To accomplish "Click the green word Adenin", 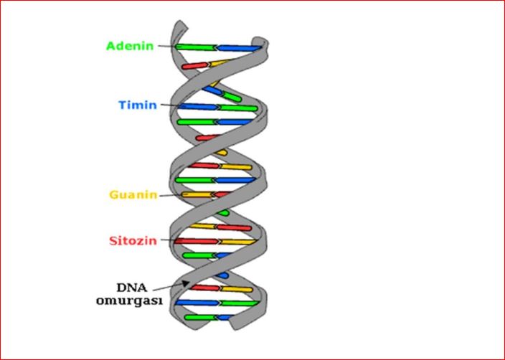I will (131, 46).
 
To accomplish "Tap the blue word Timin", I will (138, 105).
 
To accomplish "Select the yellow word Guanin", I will (133, 194).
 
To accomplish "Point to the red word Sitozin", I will (133, 240).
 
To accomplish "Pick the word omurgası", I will (131, 301).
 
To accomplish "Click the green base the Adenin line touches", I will (195, 47).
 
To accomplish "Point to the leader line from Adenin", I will (166, 47).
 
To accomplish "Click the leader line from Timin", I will (169, 105).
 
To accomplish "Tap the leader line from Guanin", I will (169, 194).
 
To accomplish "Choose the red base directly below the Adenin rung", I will (195, 66).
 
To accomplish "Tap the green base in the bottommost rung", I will (201, 317).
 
